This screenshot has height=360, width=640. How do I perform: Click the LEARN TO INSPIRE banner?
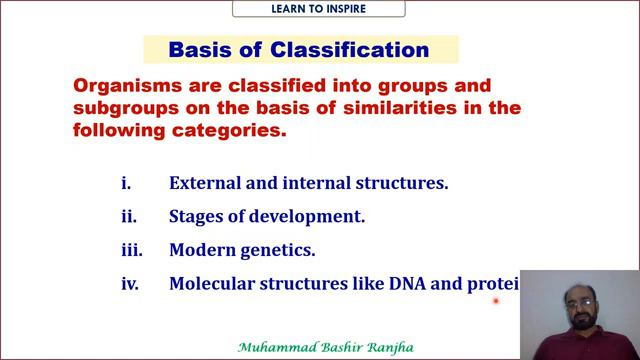coord(319,9)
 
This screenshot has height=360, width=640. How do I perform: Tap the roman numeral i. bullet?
coord(125,184)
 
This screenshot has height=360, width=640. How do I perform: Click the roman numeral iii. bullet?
coord(129,250)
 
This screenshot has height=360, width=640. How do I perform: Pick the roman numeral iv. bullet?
coord(129,283)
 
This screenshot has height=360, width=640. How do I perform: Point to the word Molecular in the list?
coord(212,283)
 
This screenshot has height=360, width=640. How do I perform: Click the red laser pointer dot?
coord(495,300)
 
